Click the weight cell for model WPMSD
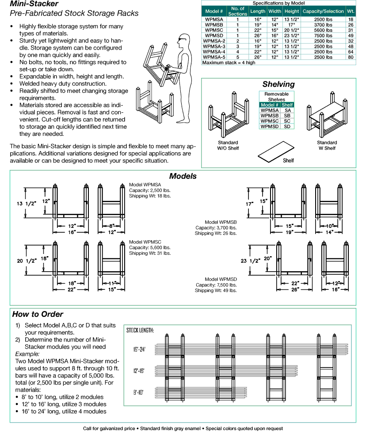(351, 35)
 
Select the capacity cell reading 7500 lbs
(323, 35)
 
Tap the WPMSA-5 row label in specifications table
(214, 57)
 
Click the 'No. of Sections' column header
(237, 12)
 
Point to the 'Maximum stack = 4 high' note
(229, 62)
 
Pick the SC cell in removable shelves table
(287, 121)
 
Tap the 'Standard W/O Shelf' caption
(228, 145)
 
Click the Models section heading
(183, 176)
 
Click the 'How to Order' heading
(38, 315)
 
